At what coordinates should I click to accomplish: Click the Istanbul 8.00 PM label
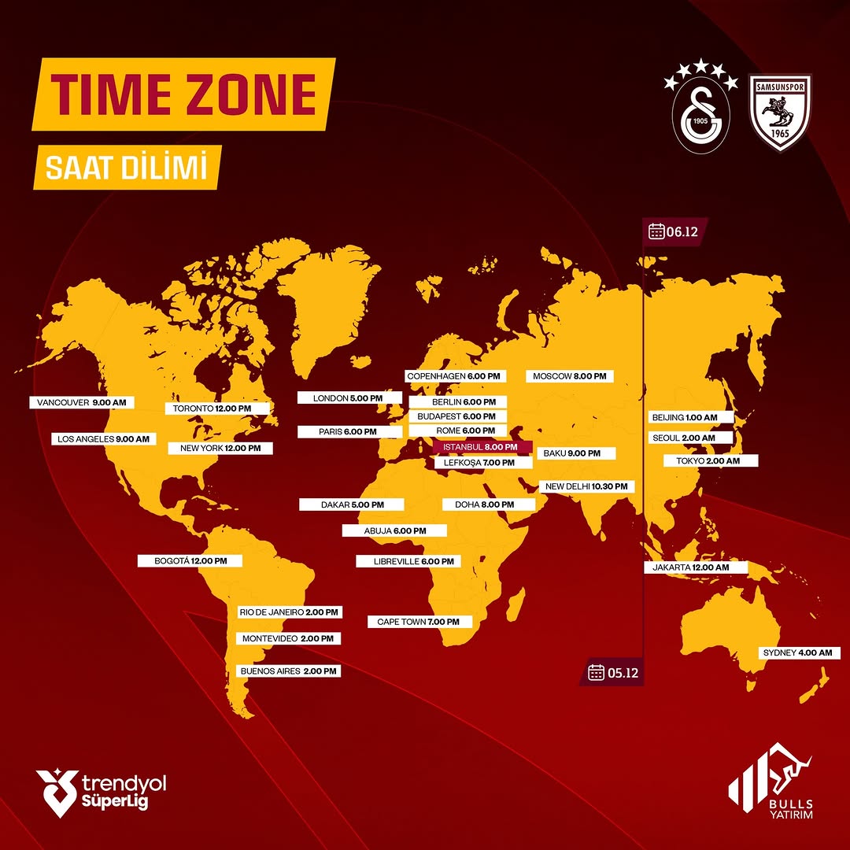[482, 447]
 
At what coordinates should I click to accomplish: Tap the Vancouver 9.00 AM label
[82, 402]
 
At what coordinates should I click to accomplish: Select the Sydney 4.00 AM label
[799, 653]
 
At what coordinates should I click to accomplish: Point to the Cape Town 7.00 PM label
[419, 622]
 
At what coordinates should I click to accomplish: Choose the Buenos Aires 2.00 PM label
[288, 671]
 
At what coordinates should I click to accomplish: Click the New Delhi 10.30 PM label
[587, 486]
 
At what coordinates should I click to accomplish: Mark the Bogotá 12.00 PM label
[189, 561]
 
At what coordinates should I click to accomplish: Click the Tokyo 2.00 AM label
[711, 460]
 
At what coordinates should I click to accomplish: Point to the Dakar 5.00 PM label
[352, 504]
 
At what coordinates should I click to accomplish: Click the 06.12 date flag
[673, 231]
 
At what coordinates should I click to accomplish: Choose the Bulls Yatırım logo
[772, 782]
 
